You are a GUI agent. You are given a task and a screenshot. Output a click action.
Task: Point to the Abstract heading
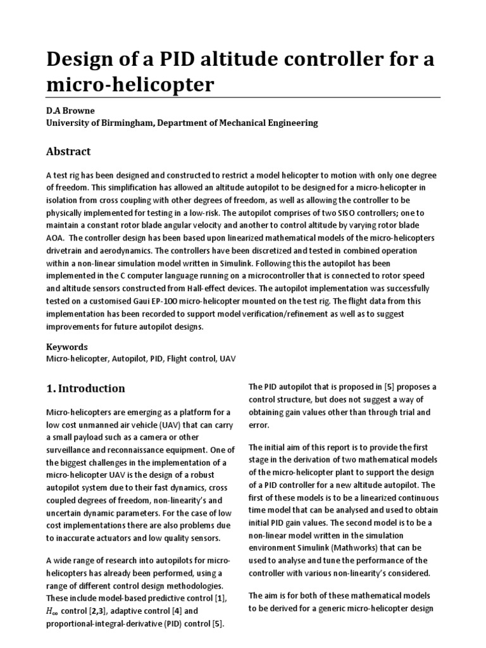(x=68, y=152)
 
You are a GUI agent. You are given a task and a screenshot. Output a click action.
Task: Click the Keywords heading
(x=67, y=347)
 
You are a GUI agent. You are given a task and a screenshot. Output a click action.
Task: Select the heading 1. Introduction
(x=86, y=389)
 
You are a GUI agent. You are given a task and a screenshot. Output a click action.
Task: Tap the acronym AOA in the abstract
(x=56, y=238)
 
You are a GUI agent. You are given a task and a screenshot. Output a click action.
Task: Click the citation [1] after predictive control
(x=221, y=599)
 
